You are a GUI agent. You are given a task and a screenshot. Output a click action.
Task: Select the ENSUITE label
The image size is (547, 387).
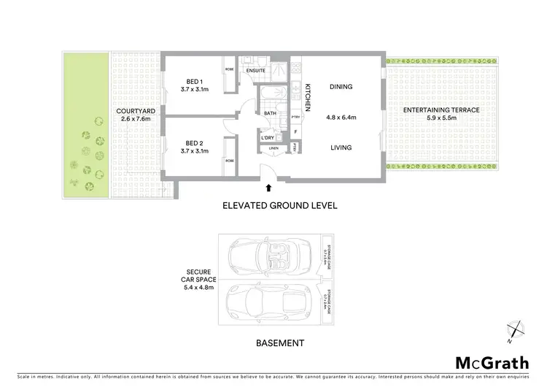[x=256, y=70]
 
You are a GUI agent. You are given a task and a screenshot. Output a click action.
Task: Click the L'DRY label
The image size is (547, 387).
[x=267, y=137]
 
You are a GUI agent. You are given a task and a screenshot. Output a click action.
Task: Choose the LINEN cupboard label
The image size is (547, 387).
[x=273, y=148]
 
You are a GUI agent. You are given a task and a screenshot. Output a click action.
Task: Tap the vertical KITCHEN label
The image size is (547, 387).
[x=309, y=96]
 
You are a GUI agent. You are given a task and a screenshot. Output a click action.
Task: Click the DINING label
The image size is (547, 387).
[x=341, y=87]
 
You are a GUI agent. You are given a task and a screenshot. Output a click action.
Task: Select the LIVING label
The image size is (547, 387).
[x=341, y=147]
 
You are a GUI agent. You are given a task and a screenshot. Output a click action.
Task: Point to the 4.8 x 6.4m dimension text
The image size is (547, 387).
[x=341, y=117]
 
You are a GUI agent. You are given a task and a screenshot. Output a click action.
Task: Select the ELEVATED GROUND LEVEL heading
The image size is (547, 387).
[x=279, y=206]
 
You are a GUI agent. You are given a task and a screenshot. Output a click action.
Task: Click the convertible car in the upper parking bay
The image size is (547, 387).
[x=269, y=257]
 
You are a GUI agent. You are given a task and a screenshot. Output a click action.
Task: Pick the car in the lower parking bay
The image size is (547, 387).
[x=269, y=300]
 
